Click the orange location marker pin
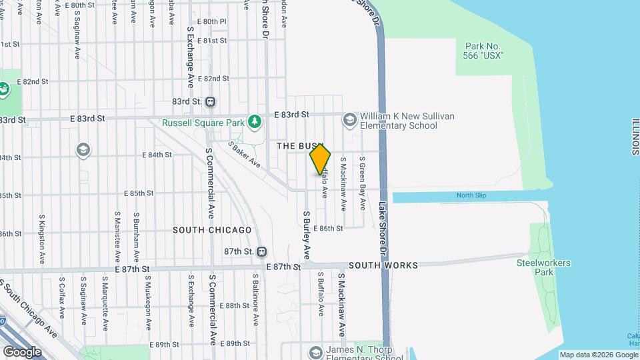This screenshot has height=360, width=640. pyautogui.click(x=320, y=159)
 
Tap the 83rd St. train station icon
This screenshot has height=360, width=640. pyautogui.click(x=211, y=102)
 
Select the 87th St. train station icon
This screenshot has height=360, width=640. pyautogui.click(x=261, y=251)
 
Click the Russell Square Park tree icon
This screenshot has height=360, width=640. pyautogui.click(x=253, y=122)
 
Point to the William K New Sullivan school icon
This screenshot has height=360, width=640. pyautogui.click(x=349, y=120)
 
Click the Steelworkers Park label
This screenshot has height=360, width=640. pyautogui.click(x=544, y=267)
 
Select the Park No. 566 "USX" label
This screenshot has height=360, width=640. pyautogui.click(x=483, y=51)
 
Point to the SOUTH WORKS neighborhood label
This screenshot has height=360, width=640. pyautogui.click(x=383, y=265)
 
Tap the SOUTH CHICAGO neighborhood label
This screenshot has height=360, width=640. pyautogui.click(x=212, y=230)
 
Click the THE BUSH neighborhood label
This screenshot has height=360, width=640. pyautogui.click(x=299, y=146)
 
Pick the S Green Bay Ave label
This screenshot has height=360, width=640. pyautogui.click(x=363, y=183)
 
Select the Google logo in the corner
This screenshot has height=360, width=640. pyautogui.click(x=22, y=351)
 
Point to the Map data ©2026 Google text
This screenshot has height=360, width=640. pyautogui.click(x=598, y=355)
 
